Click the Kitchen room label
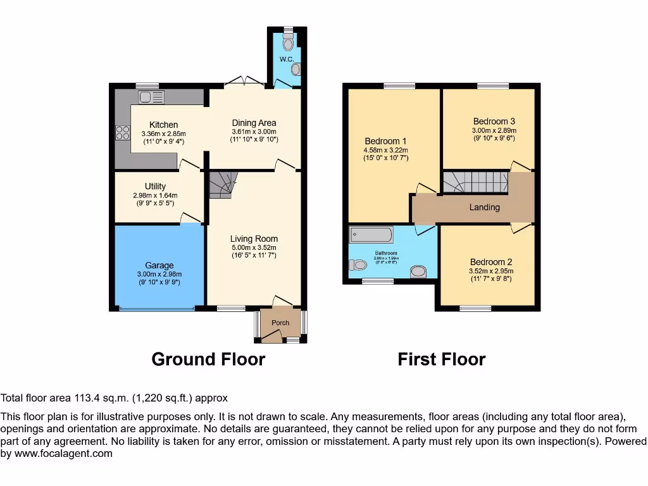click(163, 125)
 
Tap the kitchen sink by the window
click(151, 97)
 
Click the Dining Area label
click(254, 123)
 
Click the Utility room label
click(155, 186)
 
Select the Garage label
click(159, 265)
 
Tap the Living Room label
click(254, 239)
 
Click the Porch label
click(280, 323)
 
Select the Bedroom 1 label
click(385, 140)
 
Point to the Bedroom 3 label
click(494, 121)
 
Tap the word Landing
click(485, 207)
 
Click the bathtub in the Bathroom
click(371, 235)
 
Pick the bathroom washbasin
click(418, 271)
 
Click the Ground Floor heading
click(208, 359)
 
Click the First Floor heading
click(441, 359)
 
